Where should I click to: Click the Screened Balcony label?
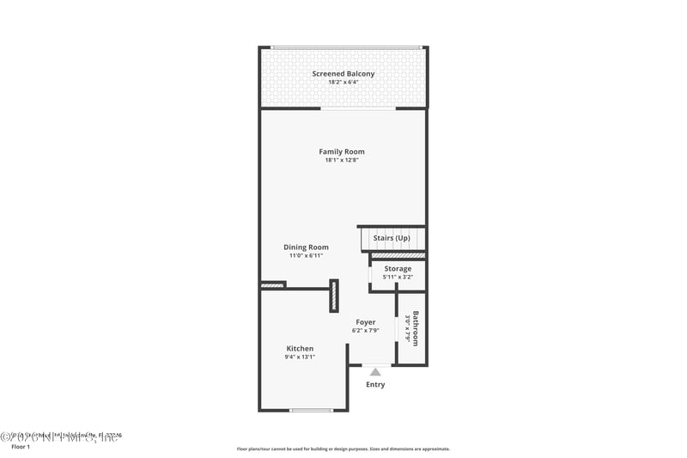coord(343,74)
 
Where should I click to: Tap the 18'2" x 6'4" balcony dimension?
coord(343,82)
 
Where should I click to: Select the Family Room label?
coord(342,152)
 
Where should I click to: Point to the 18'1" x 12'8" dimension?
coord(342,161)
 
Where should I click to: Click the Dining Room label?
coord(306,247)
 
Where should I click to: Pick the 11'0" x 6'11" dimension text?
coord(306,256)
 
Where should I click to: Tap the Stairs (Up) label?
coord(391,238)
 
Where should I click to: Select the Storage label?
coord(398,269)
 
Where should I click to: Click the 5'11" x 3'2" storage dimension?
coord(398,277)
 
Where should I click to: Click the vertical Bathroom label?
coord(416,328)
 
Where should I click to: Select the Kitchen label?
coord(300,348)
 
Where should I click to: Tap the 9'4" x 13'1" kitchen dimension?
coord(300,357)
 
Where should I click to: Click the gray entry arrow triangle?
coord(375,372)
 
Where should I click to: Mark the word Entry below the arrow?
coord(375,384)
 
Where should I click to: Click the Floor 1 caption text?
coord(20,447)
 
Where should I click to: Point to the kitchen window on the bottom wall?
coord(311,410)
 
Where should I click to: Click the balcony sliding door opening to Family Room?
coord(358,108)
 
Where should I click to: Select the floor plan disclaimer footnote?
coord(343,449)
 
